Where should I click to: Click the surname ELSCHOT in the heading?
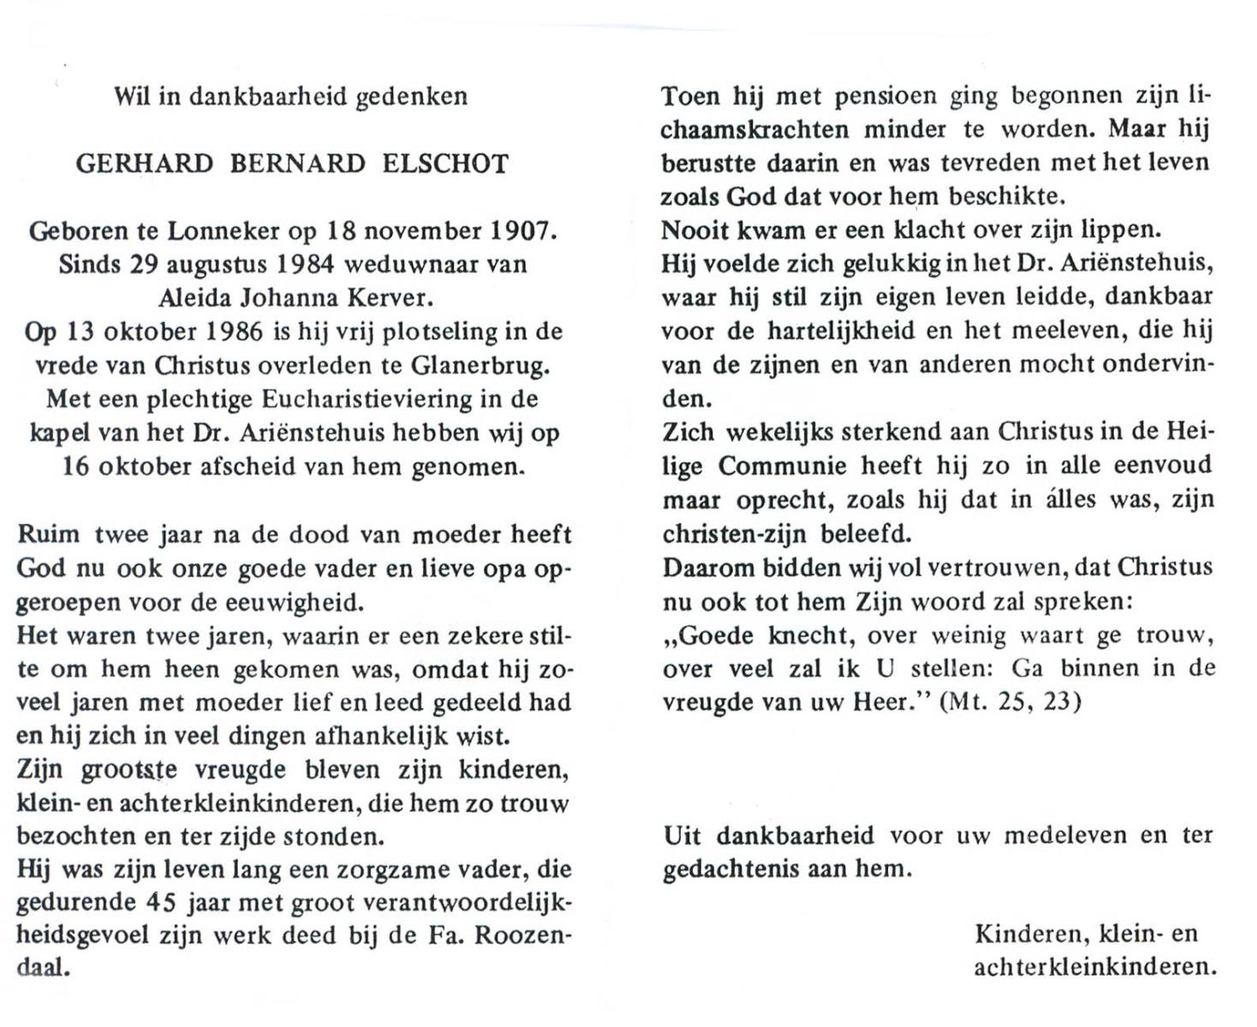(x=445, y=163)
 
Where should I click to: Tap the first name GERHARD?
(x=144, y=163)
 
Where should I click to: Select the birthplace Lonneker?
(x=223, y=230)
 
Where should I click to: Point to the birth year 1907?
(x=522, y=230)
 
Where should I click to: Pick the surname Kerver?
(x=390, y=297)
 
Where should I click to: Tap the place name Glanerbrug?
(x=480, y=365)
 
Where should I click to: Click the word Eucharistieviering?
(x=367, y=399)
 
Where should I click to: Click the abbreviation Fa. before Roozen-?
(x=446, y=935)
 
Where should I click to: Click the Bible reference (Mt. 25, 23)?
(x=1010, y=702)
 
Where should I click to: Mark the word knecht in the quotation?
(x=807, y=635)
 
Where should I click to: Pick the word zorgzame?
(x=443, y=870)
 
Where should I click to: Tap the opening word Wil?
(x=132, y=96)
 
